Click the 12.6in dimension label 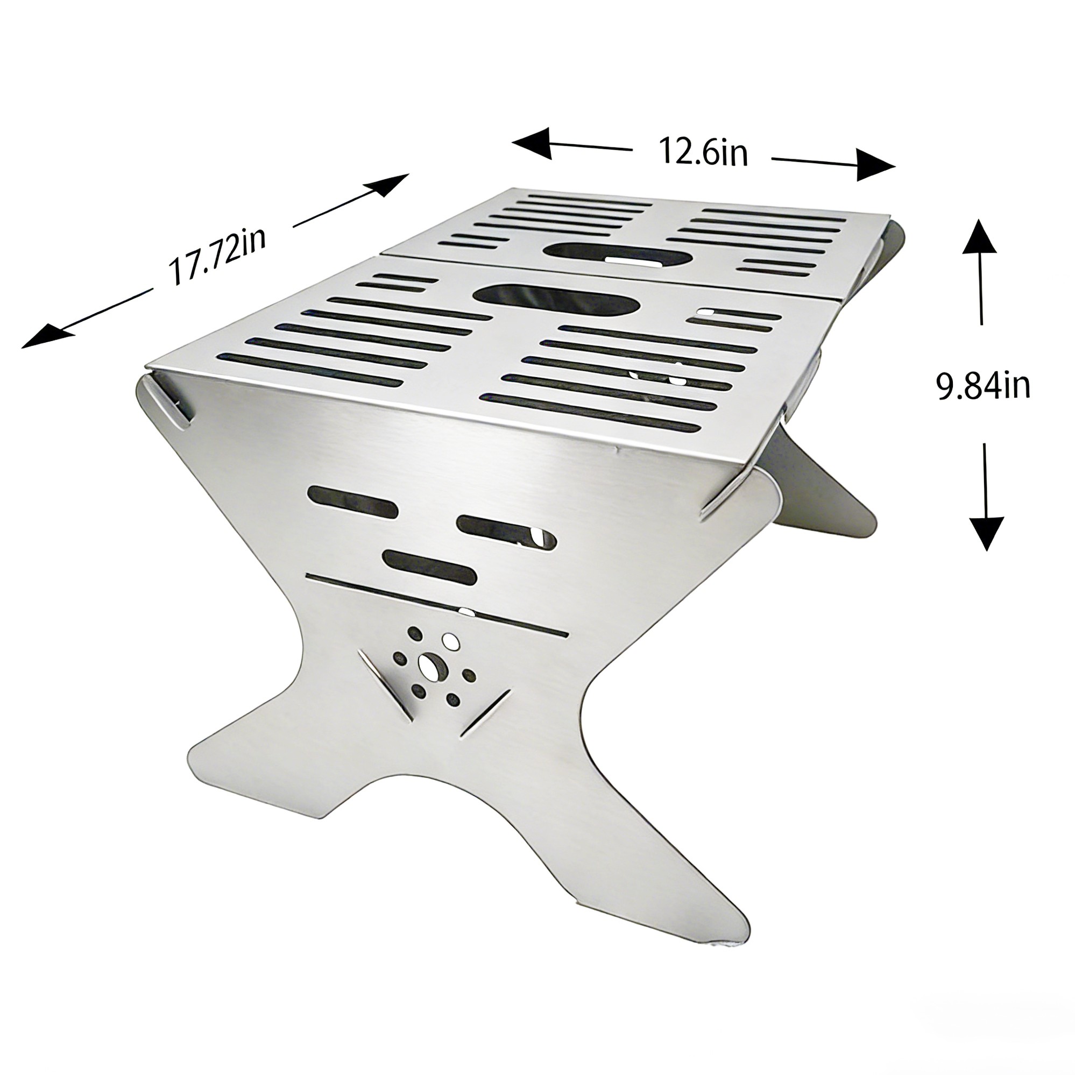point(703,151)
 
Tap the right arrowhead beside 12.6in point(875,165)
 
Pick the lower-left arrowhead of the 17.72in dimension point(47,336)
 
